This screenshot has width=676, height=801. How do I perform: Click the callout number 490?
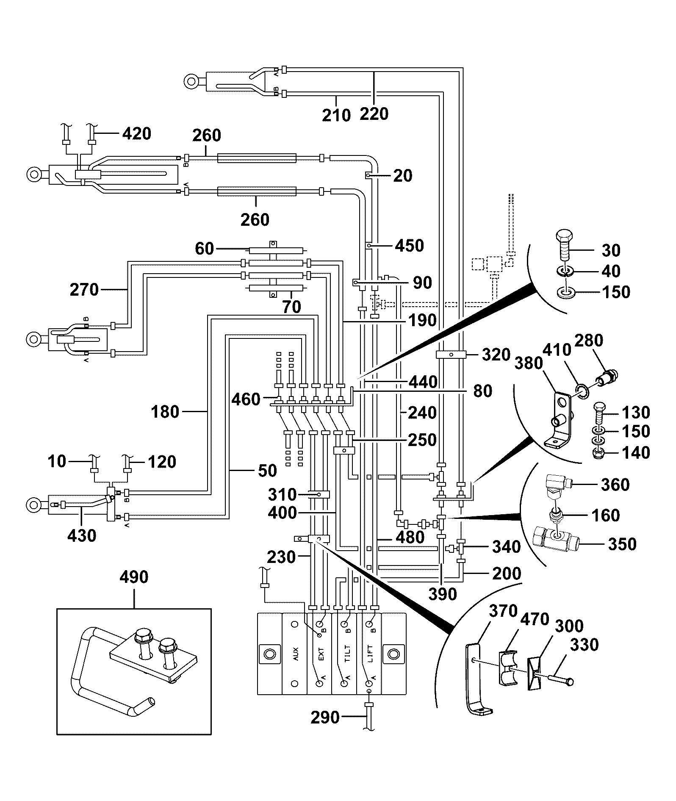coord(134,577)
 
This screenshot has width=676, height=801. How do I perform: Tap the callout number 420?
coord(136,133)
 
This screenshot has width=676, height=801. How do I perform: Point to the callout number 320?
coord(496,355)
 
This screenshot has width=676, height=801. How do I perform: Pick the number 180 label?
coord(165,411)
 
